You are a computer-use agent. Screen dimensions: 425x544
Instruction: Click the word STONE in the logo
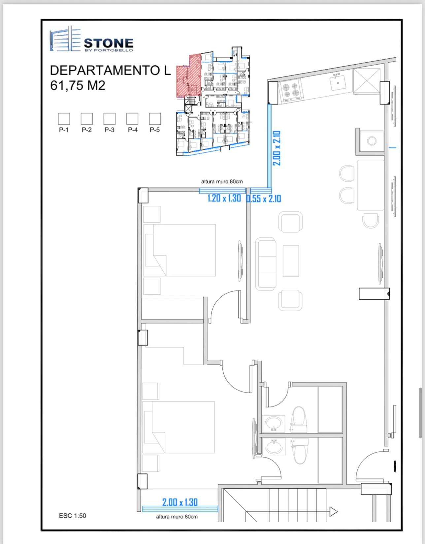(x=109, y=43)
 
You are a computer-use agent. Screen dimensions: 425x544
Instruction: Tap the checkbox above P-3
(x=110, y=119)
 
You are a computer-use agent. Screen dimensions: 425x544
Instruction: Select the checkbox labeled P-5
(x=155, y=119)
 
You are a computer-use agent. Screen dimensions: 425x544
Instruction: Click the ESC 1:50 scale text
(x=72, y=516)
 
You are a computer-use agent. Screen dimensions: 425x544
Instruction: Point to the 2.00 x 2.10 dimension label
(x=277, y=148)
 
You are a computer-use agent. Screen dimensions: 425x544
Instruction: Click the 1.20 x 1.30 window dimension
(x=224, y=198)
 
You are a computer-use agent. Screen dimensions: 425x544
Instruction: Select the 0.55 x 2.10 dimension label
(x=264, y=199)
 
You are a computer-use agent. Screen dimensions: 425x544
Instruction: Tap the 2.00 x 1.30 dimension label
(x=180, y=502)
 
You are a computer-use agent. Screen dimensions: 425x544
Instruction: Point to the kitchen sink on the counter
(x=338, y=83)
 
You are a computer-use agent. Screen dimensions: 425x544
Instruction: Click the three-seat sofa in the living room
(x=266, y=264)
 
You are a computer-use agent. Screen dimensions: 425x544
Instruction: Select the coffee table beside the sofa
(x=291, y=261)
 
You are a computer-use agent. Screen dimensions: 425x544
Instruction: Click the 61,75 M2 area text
(x=78, y=85)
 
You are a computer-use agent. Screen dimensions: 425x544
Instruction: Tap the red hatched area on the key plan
(x=189, y=76)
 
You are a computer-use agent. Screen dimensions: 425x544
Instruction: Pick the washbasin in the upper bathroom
(x=274, y=424)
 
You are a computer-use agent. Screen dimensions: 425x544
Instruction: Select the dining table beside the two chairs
(x=371, y=185)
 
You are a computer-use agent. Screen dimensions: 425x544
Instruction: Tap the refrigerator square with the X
(x=367, y=81)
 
